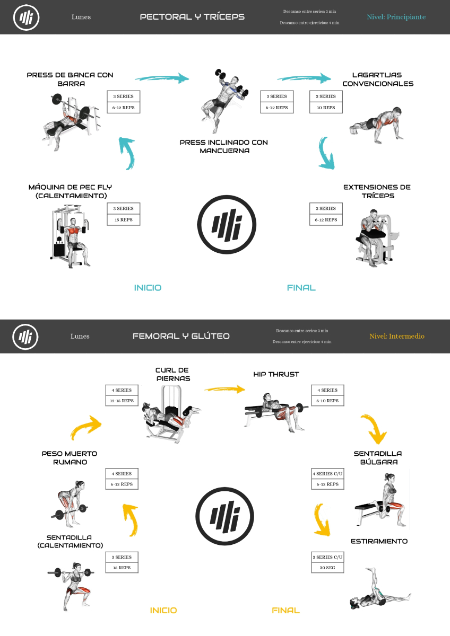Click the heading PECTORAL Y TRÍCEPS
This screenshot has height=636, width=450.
pos(192,17)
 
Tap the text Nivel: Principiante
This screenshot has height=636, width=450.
pos(396,17)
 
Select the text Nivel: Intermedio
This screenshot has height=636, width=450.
pos(396,336)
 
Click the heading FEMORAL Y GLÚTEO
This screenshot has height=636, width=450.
pos(181,336)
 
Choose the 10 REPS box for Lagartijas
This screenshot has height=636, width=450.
pos(326,108)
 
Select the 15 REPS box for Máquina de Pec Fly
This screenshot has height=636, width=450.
pos(123,219)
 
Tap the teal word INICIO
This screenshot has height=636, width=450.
pos(148,288)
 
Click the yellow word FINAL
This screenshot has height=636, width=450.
pos(285,610)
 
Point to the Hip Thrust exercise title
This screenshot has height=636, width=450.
pos(276,374)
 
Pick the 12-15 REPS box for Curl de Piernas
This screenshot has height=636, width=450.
pos(122,401)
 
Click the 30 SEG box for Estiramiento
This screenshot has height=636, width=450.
pos(327,568)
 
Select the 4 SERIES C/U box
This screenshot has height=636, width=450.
pos(327,473)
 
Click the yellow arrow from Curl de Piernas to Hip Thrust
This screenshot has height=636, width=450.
pos(224,390)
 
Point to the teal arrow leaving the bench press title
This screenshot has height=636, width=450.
pos(161,78)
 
